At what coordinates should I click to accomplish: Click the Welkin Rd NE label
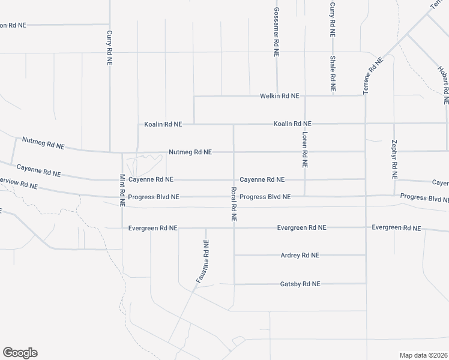tap(279, 96)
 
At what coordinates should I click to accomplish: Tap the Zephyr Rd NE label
tap(394, 160)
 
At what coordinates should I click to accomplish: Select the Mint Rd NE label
tap(122, 190)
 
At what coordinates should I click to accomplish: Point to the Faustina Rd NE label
tap(202, 261)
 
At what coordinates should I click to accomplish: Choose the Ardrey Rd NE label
tap(300, 256)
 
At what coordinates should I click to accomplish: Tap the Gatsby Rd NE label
tap(300, 284)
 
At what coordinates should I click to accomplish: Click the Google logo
tap(20, 353)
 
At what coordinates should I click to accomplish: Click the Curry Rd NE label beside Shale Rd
tap(332, 19)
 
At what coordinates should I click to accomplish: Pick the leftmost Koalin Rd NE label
tap(163, 125)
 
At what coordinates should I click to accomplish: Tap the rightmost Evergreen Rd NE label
tap(396, 228)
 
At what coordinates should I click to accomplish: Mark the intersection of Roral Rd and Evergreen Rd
tap(234, 228)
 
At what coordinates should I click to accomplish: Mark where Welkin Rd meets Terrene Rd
tap(365, 96)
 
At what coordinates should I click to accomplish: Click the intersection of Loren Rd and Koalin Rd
tap(305, 124)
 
